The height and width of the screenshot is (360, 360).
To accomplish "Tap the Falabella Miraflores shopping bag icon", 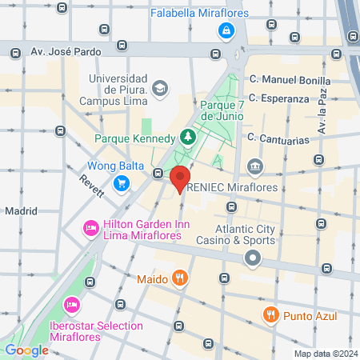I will (226, 30).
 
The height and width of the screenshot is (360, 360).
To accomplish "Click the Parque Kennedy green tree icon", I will (187, 137).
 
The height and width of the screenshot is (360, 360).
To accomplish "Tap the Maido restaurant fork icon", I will (181, 278).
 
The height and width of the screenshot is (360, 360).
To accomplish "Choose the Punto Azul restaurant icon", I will (272, 314).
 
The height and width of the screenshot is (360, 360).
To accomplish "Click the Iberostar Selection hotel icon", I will (72, 305).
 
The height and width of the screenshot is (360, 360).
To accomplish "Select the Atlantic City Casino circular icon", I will (254, 258).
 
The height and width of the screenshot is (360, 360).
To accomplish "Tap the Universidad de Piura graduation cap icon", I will (159, 86).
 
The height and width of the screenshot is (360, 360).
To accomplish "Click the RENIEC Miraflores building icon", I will (254, 167).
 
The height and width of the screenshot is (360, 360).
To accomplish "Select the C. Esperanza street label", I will (278, 98).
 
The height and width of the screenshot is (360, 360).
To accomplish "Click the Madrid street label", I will (22, 211).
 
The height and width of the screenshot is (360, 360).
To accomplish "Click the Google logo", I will (26, 350).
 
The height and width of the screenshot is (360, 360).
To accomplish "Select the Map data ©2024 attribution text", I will (324, 354).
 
